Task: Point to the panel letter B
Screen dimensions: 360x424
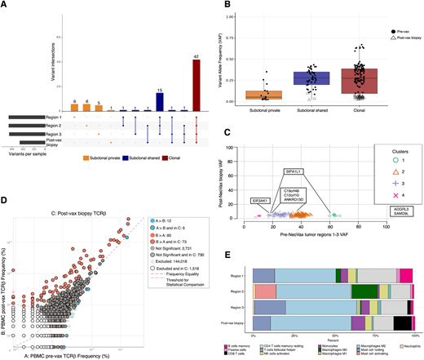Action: pos(215,7)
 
